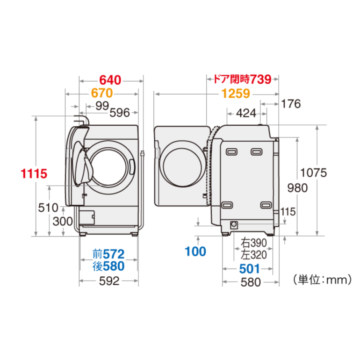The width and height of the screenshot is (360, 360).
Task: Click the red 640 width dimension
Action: tap(110, 80)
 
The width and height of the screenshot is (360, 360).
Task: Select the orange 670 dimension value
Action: tap(102, 93)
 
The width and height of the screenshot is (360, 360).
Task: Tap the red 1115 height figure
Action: tap(34, 173)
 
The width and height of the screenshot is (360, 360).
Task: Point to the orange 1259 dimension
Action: tap(236, 94)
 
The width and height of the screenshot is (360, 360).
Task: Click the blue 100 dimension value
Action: tap(195, 252)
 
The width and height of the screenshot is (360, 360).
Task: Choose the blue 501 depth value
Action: tap(249, 269)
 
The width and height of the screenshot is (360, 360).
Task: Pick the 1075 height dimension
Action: tap(313, 173)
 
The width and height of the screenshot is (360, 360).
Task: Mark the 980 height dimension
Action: tap(297, 188)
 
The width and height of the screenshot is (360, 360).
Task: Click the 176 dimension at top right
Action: tap(291, 104)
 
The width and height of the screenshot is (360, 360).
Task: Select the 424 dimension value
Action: tap(246, 113)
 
